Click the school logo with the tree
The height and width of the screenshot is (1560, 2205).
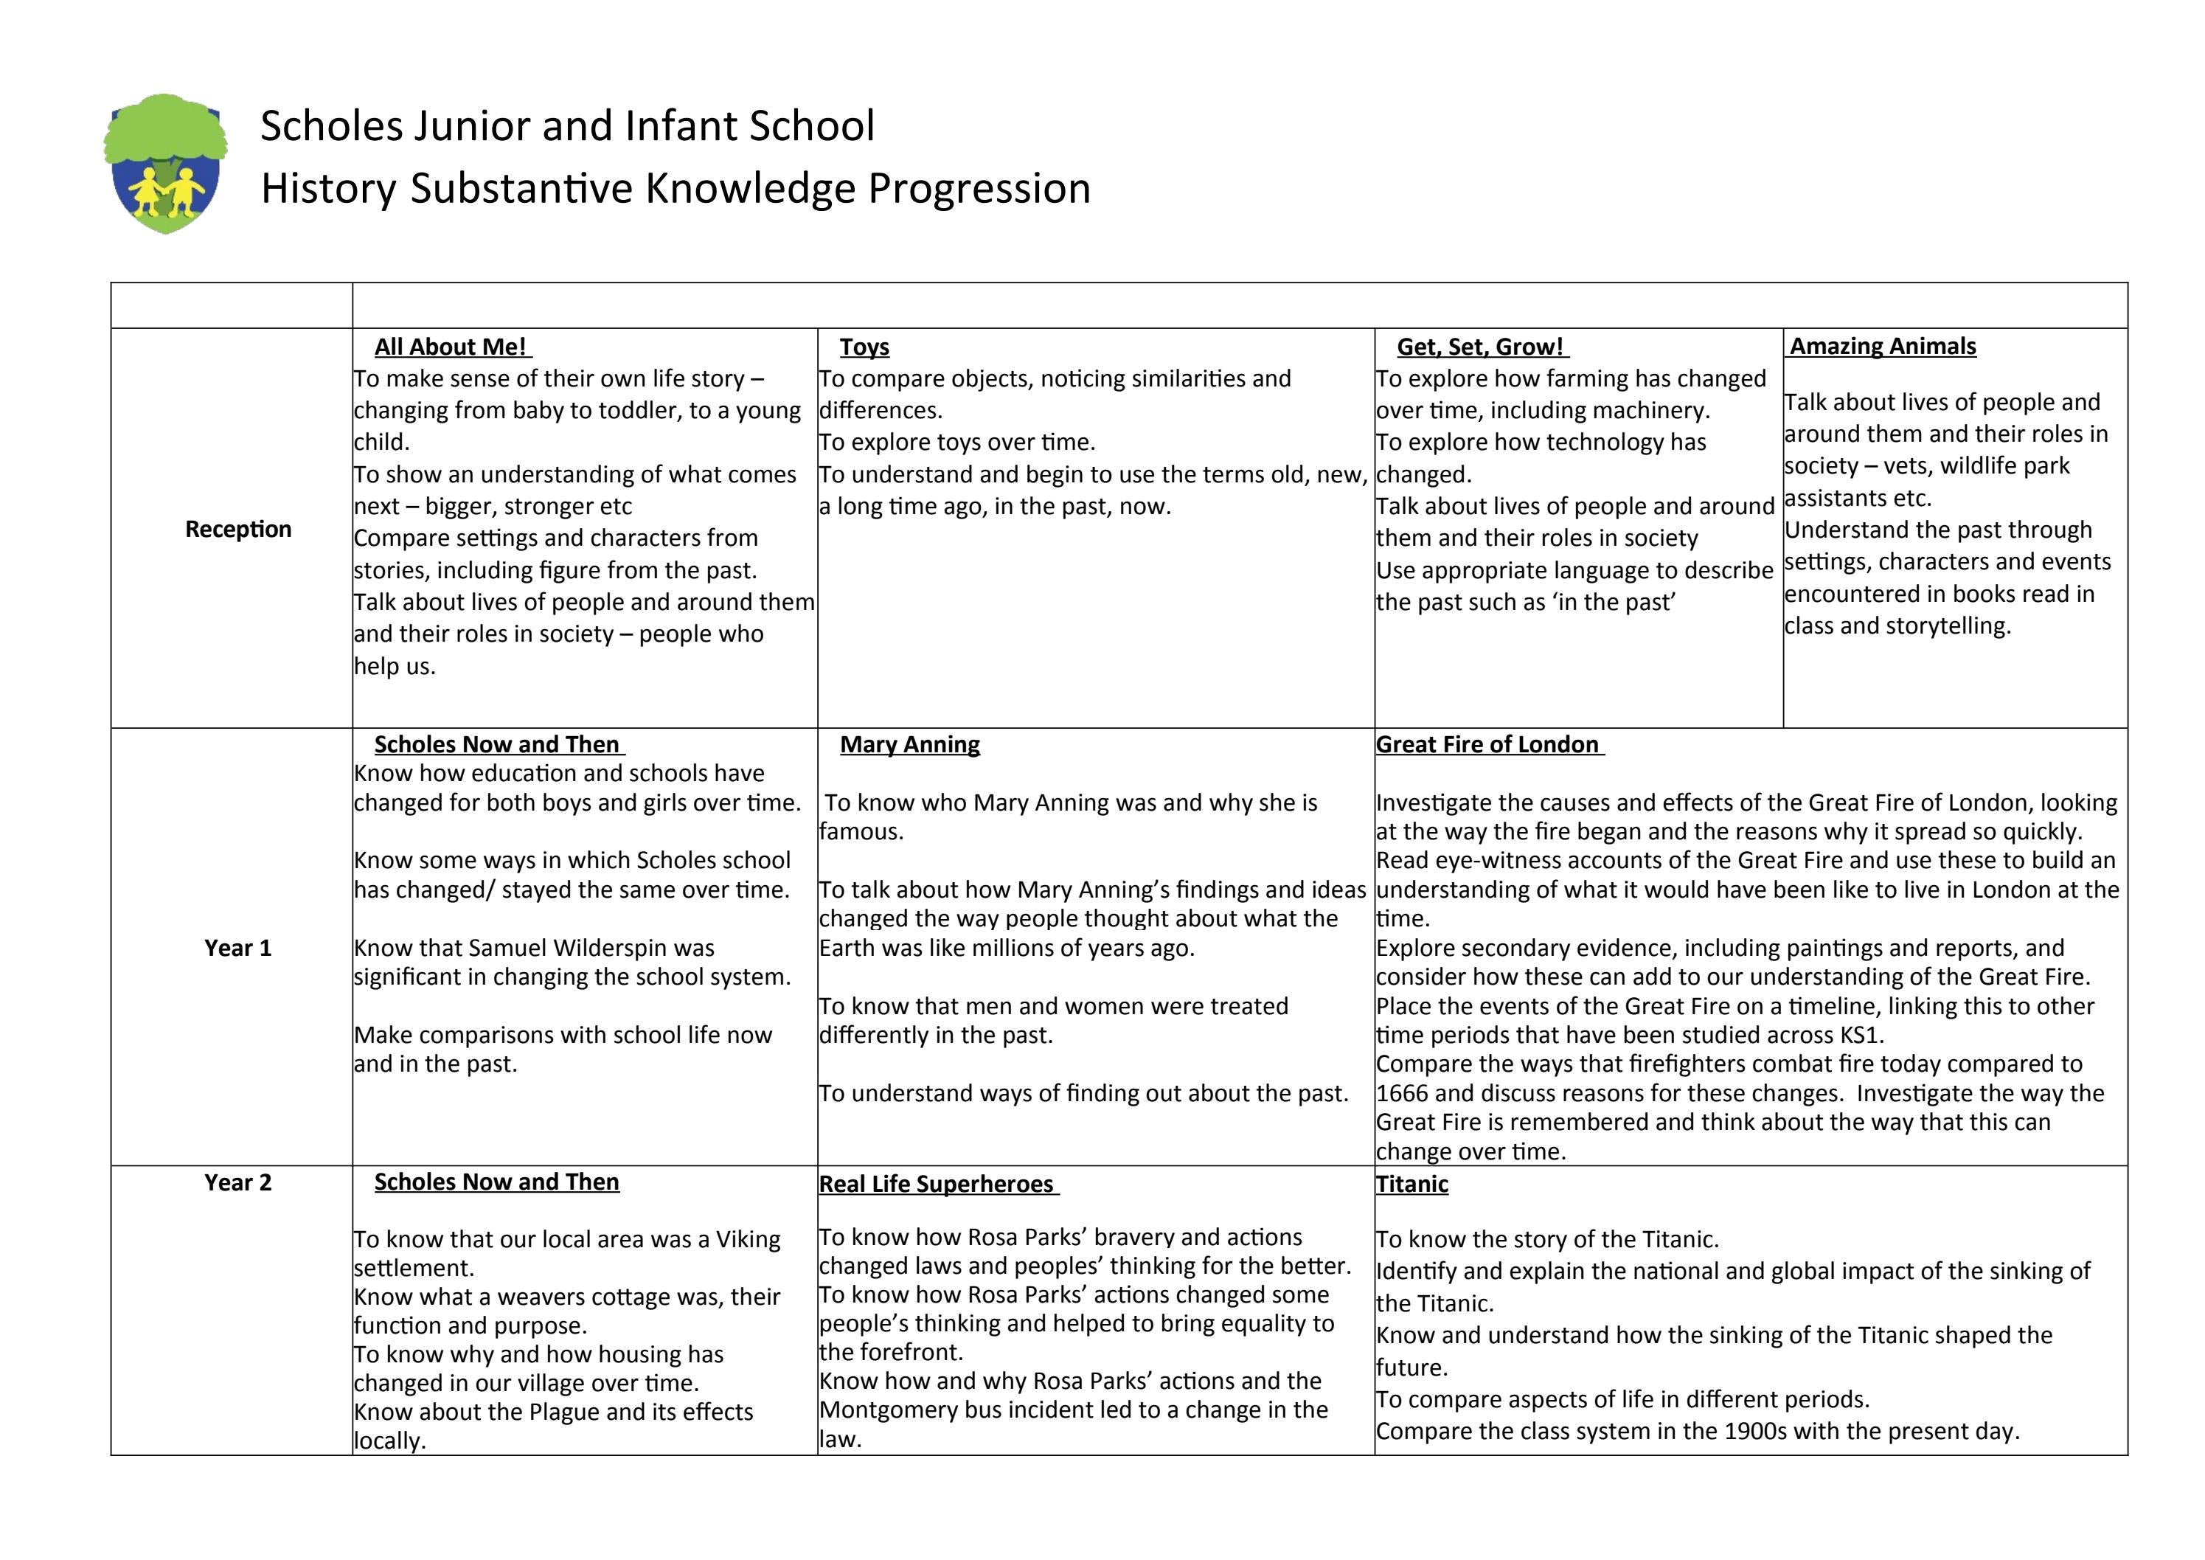click(165, 163)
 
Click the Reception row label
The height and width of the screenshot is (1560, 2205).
click(238, 530)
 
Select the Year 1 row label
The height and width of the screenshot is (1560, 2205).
click(238, 948)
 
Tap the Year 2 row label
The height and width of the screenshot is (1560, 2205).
click(238, 1182)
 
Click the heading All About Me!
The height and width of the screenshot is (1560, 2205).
click(451, 347)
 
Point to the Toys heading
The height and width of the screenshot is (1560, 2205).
click(864, 347)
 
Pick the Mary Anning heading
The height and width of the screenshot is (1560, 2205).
click(909, 744)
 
